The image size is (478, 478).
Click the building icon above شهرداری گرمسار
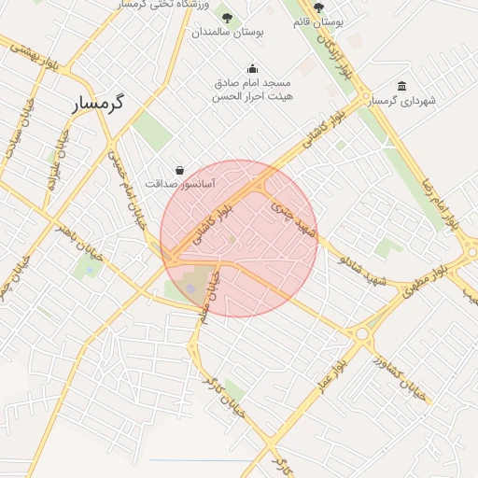point(401,86)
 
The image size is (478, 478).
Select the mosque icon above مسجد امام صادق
point(252,68)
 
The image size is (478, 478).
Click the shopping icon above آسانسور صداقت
point(179,170)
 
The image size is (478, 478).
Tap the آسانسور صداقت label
point(181,185)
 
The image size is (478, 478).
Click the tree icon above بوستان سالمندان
point(228,17)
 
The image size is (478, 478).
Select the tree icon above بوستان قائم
point(319,7)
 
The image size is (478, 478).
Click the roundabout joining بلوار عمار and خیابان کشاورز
point(362,333)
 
